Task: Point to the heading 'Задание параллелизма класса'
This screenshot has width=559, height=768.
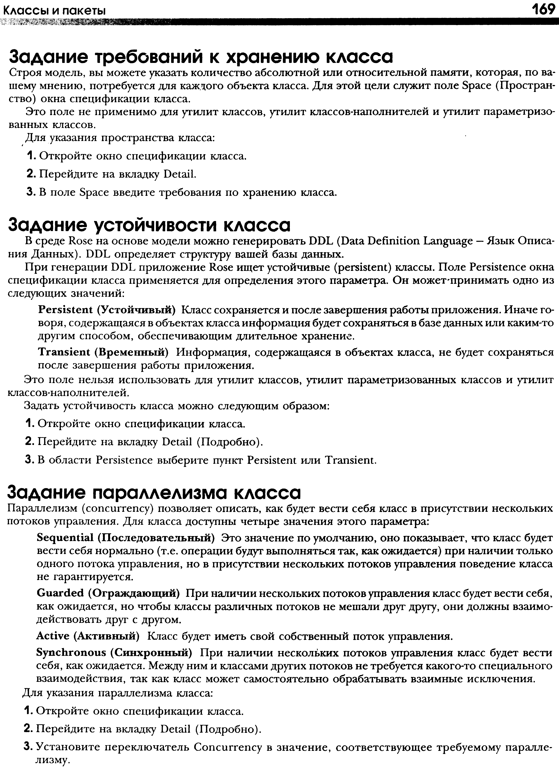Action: click(154, 492)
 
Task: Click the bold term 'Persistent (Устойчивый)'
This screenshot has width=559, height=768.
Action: click(107, 310)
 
